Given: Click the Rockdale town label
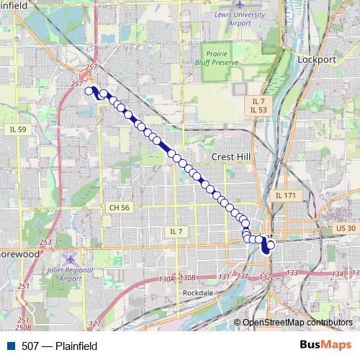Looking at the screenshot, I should point(197,293).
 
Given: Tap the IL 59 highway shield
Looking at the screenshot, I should point(18,130).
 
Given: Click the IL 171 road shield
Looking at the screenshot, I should point(286,195).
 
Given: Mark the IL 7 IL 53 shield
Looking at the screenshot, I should point(259,105).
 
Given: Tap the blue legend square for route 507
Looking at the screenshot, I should point(9,346).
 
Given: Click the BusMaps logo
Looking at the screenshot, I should point(326,346).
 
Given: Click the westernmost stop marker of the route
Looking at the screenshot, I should point(90,91).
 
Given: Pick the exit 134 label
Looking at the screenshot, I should point(338,274).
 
